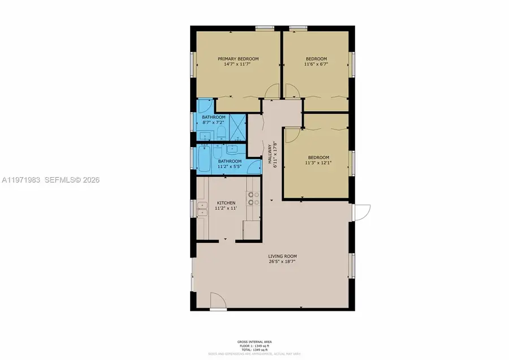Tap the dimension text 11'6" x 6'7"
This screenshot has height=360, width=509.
[316, 65]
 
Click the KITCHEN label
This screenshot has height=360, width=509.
[226, 203]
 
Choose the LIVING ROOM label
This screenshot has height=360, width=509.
[282, 256]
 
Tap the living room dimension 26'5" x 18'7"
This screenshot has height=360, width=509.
[282, 262]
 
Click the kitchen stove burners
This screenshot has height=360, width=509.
[253, 199]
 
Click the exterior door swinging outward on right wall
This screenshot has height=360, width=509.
[360, 212]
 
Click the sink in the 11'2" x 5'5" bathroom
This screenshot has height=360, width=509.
[232, 150]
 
